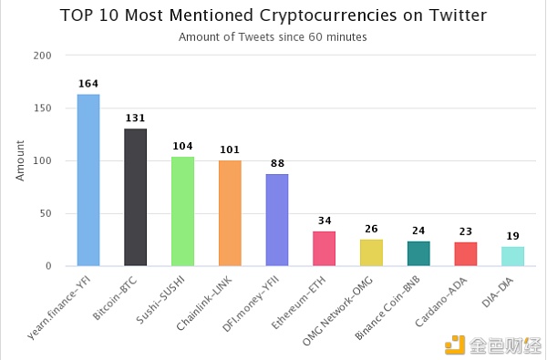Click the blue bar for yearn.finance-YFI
tap(88, 180)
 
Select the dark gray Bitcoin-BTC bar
tap(135, 197)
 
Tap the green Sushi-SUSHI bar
tap(182, 211)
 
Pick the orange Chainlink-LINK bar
tap(230, 213)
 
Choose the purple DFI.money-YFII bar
tap(277, 220)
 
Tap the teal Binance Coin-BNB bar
tap(418, 253)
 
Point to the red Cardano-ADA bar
tap(466, 253)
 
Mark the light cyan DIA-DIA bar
tap(513, 256)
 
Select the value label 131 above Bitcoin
tap(135, 118)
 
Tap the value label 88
tap(277, 164)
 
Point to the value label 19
tap(513, 236)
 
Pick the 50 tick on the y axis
tap(46, 213)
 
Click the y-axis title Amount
tap(20, 160)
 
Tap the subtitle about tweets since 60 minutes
tap(273, 37)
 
